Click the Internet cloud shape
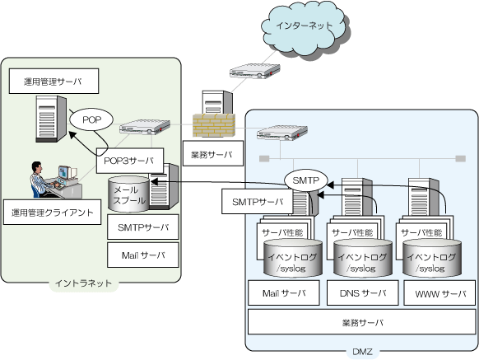(305, 30)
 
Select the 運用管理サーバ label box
(53, 81)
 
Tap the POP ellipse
(91, 119)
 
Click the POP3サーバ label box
(130, 161)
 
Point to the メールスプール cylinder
(128, 194)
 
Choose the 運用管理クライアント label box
(52, 213)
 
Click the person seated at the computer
(41, 180)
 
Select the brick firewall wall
(214, 125)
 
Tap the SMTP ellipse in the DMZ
(306, 180)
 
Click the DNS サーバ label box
(363, 293)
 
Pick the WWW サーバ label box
(439, 293)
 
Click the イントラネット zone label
(83, 283)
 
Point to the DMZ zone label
(363, 352)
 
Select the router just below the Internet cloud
(255, 71)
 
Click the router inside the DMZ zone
(282, 133)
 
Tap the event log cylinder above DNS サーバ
(363, 258)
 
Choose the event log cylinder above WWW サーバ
(432, 258)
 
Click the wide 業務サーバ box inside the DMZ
(361, 322)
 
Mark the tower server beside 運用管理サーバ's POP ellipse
(51, 119)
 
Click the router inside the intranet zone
(145, 127)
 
